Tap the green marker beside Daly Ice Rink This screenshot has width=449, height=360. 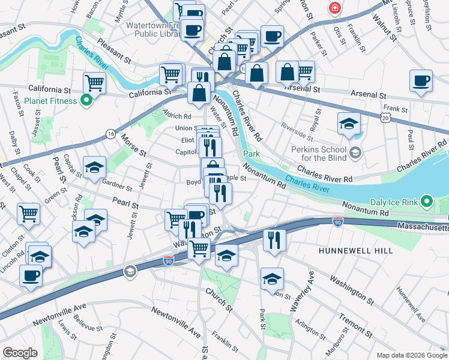(426, 200)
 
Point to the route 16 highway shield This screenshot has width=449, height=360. (110, 134)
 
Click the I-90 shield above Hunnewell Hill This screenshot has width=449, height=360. (338, 223)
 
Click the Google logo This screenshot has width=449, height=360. (20, 352)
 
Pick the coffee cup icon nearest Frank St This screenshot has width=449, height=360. (421, 81)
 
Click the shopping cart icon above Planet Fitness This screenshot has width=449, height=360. (94, 82)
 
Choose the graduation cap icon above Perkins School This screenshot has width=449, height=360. (349, 124)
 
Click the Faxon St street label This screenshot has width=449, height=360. (17, 104)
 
